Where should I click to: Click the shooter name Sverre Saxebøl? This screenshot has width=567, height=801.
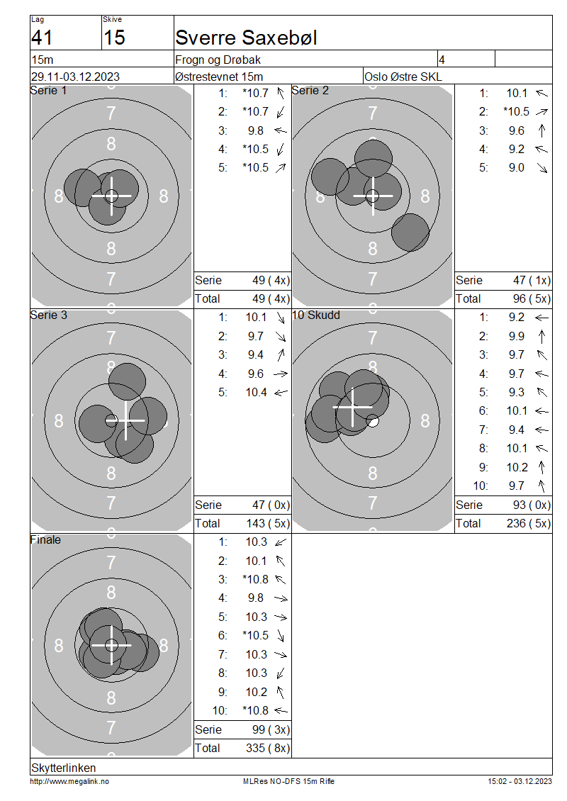pos(246,38)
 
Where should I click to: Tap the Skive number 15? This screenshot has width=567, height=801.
pos(114,38)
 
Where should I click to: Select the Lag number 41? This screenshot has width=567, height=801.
pos(42,38)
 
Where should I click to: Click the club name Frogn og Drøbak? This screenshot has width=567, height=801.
pos(218,60)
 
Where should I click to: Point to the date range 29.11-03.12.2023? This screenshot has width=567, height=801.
pos(75,77)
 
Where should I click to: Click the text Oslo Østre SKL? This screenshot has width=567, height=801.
pos(403,77)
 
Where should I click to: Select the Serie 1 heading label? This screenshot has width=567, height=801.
pos(48,91)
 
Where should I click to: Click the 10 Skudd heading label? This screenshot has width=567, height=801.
pos(315,315)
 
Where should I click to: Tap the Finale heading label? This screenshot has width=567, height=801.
pos(45,539)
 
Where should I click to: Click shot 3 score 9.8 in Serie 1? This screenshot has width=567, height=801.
pos(255,130)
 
